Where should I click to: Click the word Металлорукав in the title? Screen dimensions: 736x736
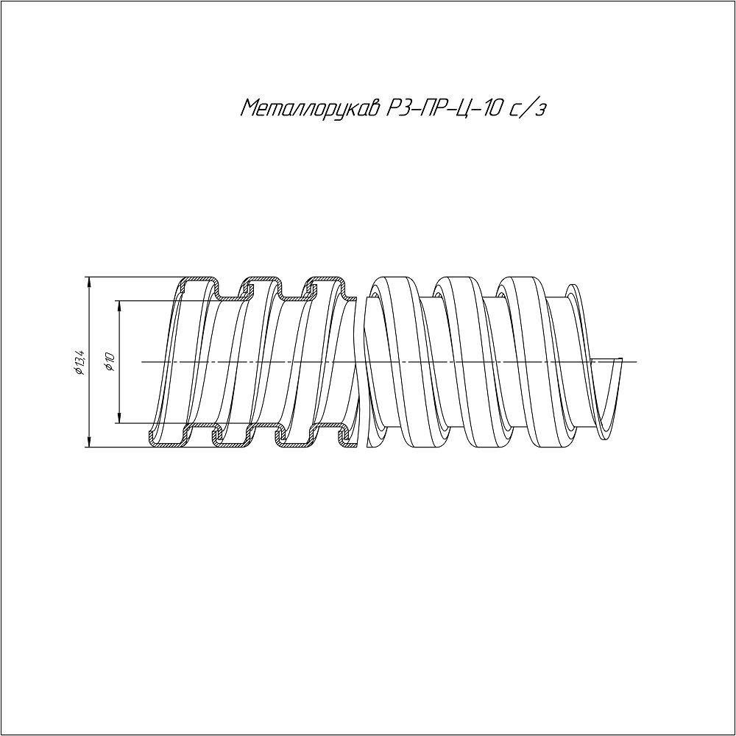coord(311,108)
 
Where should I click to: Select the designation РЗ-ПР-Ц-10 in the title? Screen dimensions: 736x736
coord(444,108)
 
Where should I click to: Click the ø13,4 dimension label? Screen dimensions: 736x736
coord(79,362)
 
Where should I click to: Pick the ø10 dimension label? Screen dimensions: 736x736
coord(111,362)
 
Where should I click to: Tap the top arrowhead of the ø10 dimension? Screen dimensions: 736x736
coord(120,306)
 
